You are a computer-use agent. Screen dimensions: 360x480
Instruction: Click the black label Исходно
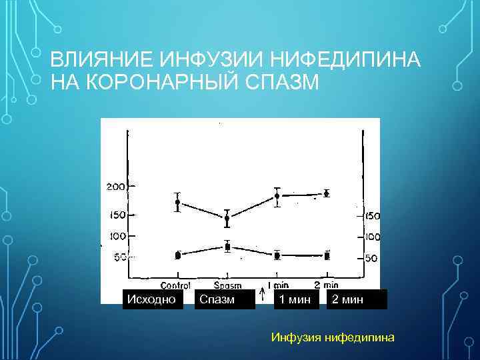point(152,299)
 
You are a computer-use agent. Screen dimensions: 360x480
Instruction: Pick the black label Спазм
point(217,299)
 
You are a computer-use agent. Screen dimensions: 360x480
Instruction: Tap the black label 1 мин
point(295,299)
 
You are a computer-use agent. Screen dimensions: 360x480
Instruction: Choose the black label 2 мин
point(347,299)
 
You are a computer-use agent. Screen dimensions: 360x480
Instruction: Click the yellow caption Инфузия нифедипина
point(333,337)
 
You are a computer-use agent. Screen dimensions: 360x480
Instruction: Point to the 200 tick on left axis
point(116,187)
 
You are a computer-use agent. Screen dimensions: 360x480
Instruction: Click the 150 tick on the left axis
point(116,215)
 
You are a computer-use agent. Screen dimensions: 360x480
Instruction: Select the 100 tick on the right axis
point(372,237)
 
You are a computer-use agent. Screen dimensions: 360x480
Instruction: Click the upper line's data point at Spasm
point(227,218)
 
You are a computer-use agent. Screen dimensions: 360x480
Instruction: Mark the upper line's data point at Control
point(177,202)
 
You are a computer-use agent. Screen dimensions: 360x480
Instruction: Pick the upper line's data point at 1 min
point(277,196)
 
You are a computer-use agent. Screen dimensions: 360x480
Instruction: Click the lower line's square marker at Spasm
point(227,247)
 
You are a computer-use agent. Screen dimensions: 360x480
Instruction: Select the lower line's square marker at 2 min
point(327,255)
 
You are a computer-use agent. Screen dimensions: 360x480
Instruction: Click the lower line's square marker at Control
point(177,255)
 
